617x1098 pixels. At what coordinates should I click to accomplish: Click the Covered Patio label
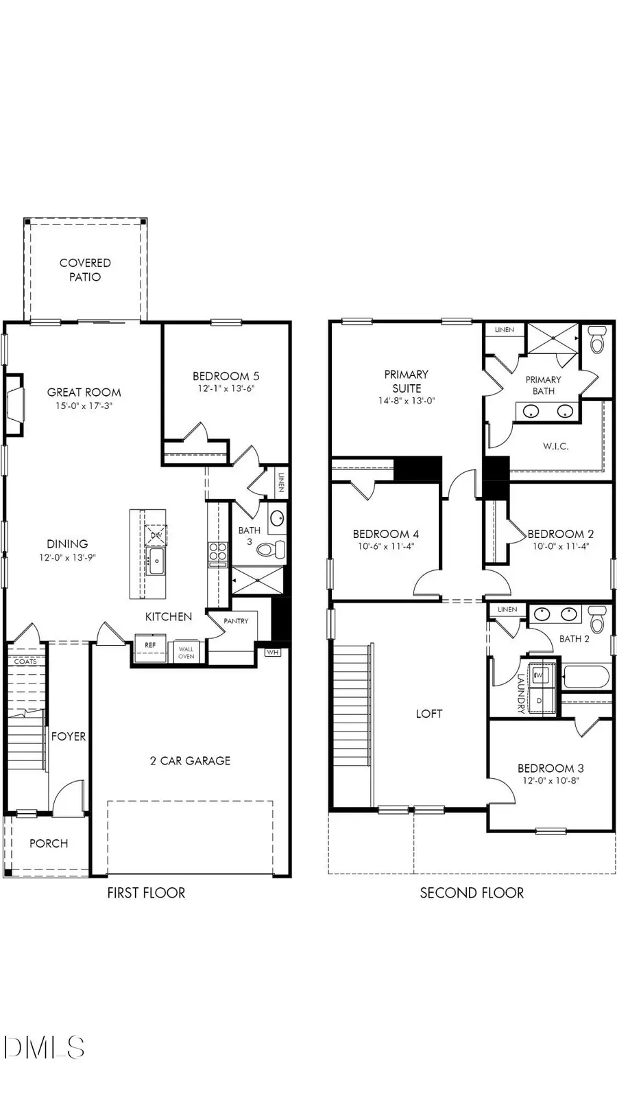85,270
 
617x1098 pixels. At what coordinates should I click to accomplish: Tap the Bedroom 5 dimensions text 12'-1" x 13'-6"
226,388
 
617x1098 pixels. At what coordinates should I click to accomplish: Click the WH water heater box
273,652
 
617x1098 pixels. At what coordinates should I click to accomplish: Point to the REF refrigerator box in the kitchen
150,646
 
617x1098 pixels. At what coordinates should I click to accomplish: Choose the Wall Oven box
186,652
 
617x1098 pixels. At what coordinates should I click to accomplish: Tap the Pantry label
236,621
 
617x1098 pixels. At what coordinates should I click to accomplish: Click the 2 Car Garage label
190,760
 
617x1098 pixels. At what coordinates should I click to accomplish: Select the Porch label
49,843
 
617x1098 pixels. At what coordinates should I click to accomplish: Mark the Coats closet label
25,662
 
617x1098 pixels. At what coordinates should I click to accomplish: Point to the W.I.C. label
555,446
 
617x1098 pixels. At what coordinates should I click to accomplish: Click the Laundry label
521,693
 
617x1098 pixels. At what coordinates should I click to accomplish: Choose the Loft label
429,714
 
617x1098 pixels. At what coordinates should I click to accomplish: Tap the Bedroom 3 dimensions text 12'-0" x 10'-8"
551,780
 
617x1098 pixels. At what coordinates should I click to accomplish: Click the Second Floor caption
472,893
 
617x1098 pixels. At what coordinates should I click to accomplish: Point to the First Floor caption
146,893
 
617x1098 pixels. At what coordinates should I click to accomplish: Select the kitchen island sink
156,561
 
